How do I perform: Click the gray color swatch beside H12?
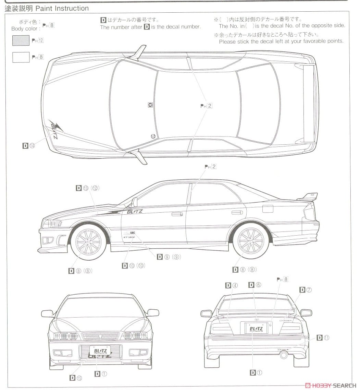(21, 40)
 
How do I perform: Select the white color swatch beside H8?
(21, 57)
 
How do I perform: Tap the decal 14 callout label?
(29, 146)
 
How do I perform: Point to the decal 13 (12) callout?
(87, 188)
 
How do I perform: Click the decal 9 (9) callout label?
(169, 257)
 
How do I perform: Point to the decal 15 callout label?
(76, 378)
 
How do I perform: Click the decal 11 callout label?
(323, 338)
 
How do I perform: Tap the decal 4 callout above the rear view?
(231, 285)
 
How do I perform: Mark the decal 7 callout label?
(306, 290)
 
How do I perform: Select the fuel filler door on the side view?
(267, 209)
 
